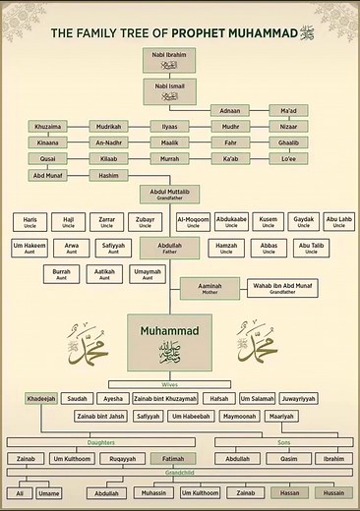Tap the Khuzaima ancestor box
tap(48, 127)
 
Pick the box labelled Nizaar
tap(288, 127)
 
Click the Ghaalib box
tap(288, 142)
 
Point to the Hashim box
tap(108, 175)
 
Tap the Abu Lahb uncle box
tap(338, 222)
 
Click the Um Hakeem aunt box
tap(30, 248)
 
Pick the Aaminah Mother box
tap(210, 287)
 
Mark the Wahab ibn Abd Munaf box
tap(282, 287)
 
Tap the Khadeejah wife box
tap(42, 398)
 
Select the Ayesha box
tap(111, 398)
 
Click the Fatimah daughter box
tap(173, 458)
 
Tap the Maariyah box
tap(281, 416)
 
